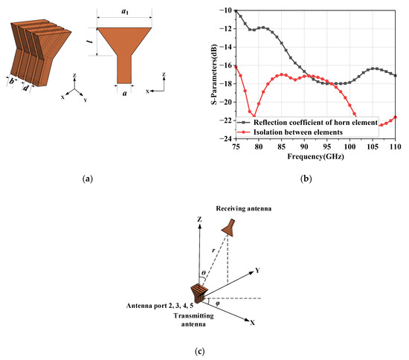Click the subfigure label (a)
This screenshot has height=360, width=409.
coord(89,179)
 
